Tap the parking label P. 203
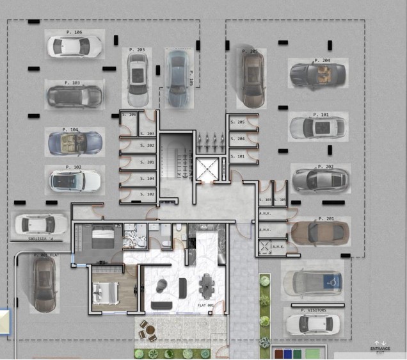pyautogui.click(x=136, y=50)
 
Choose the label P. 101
pyautogui.click(x=321, y=115)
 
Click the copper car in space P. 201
pyautogui.click(x=321, y=231)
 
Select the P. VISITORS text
pyautogui.click(x=314, y=310)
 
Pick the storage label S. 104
pyautogui.click(x=147, y=178)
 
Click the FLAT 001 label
pyautogui.click(x=205, y=306)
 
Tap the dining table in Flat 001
pyautogui.click(x=207, y=286)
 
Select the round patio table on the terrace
pyautogui.click(x=150, y=331)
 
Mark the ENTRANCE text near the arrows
pyautogui.click(x=379, y=348)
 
